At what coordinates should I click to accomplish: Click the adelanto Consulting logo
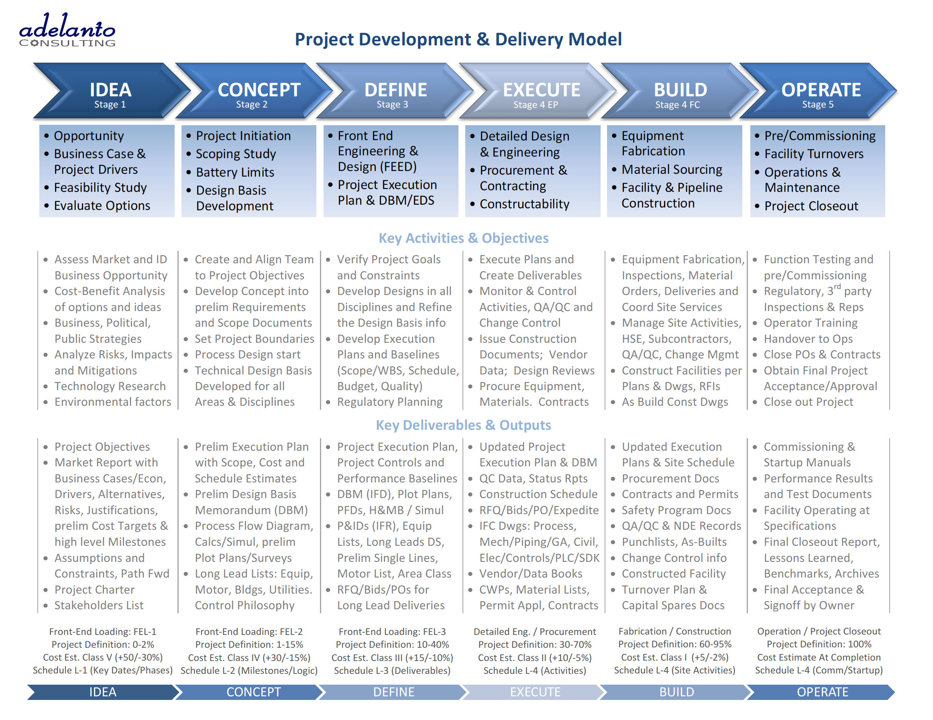coord(67,30)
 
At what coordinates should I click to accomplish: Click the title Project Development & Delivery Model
coord(458,39)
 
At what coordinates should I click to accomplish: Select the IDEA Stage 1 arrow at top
coord(111,91)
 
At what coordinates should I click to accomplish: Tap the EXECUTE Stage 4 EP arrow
coord(537,91)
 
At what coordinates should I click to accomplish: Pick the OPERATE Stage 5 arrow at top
coord(818,91)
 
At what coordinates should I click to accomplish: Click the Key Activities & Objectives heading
coord(464,238)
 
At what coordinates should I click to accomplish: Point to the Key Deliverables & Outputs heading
coord(464,425)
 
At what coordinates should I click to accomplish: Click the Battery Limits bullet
coord(231,172)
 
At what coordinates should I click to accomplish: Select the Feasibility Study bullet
coord(96,187)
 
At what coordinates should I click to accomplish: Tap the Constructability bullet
coord(520,204)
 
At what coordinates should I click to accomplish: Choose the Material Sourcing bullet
coord(667,169)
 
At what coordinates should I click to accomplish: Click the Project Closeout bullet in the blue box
coord(807,206)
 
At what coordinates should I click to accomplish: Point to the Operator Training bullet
coord(805,323)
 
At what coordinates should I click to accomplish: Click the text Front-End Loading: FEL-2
coord(249,631)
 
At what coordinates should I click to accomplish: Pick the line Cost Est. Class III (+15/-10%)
coord(392,658)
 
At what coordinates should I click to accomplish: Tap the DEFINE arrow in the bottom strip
coord(393,692)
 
